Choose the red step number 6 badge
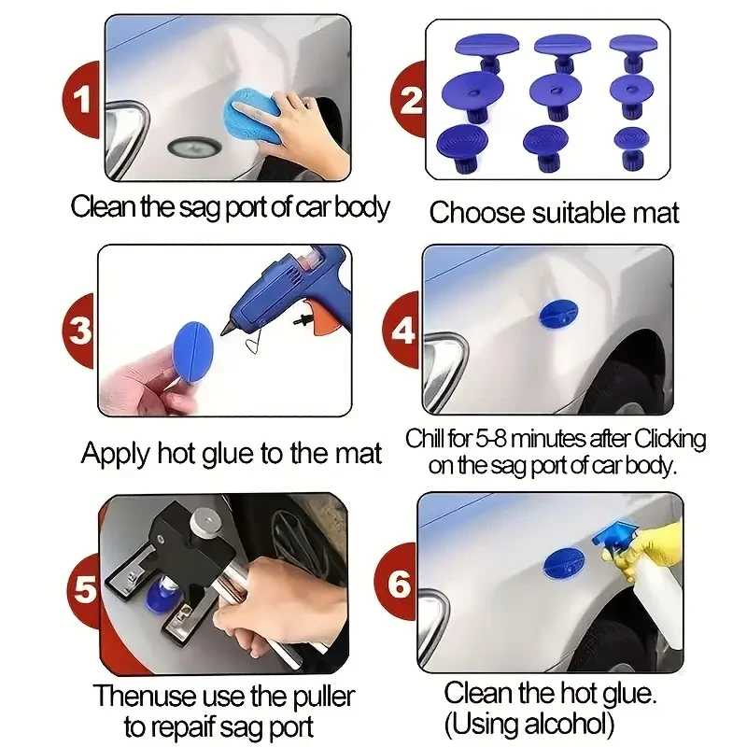pos(400,585)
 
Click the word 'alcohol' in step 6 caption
pos(558,722)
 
